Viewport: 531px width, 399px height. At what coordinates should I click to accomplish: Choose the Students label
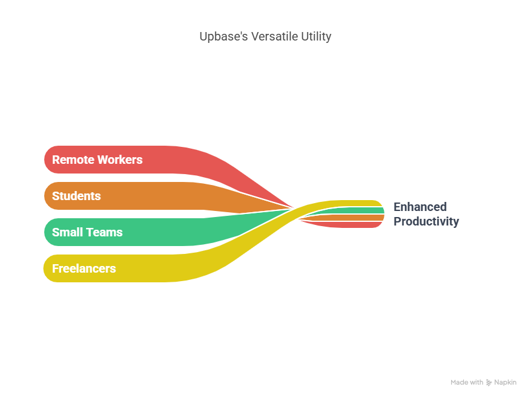(x=76, y=196)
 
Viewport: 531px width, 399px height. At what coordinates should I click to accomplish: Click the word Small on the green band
(x=67, y=232)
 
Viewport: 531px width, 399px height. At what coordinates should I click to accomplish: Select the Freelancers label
(x=84, y=268)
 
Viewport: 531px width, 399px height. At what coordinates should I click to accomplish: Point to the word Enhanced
(x=420, y=207)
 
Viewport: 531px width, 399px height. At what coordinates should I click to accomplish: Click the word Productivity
(x=426, y=221)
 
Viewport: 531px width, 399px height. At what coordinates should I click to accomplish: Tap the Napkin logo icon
(x=489, y=383)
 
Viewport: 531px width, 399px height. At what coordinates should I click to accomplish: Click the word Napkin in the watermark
(x=505, y=383)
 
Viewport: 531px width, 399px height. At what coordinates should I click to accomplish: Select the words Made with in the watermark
(x=467, y=383)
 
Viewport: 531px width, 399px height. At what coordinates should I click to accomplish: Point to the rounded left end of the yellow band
(x=51, y=268)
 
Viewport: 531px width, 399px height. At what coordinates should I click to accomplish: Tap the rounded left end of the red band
(x=51, y=160)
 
